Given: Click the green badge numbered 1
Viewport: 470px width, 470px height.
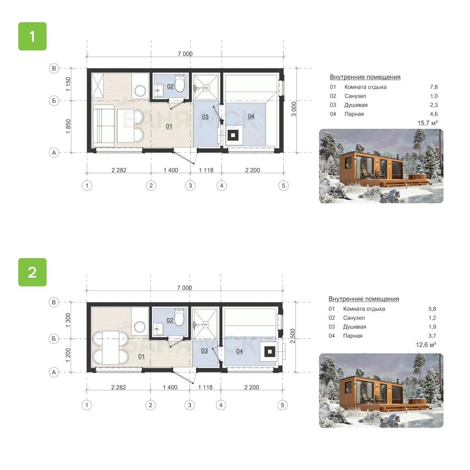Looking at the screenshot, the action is [32, 36].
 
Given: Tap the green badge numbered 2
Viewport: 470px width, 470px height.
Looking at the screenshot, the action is [32, 272].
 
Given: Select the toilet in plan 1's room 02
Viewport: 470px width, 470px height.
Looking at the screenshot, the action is [180, 84].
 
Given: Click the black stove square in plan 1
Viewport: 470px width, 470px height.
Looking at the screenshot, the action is [233, 135].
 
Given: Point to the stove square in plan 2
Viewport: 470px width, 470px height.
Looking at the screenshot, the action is [270, 352].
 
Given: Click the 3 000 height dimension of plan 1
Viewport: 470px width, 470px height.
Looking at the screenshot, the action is [294, 109].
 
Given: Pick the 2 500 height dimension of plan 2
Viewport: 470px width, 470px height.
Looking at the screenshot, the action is [293, 336].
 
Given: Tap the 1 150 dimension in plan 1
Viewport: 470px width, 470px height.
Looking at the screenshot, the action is [68, 84].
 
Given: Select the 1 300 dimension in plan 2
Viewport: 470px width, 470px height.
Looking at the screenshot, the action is [68, 320].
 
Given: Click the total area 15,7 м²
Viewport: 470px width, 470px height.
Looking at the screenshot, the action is [427, 123].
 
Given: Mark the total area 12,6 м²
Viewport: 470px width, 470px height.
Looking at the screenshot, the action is [426, 345].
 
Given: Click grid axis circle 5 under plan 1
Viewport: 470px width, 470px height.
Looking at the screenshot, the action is [283, 185].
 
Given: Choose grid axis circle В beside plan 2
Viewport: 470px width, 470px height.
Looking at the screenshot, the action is [54, 302].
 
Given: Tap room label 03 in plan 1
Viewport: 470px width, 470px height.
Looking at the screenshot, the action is [205, 117].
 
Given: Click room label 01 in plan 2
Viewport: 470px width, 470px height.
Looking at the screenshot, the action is [141, 356].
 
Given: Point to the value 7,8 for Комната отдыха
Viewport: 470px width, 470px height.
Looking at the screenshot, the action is [434, 87].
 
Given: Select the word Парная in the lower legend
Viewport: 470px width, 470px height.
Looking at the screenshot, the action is [353, 336].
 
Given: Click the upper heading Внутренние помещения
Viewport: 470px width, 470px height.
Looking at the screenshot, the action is [365, 77].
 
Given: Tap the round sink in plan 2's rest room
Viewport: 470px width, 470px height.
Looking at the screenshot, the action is [140, 326].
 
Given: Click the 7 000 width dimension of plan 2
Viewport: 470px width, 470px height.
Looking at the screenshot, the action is [185, 288].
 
